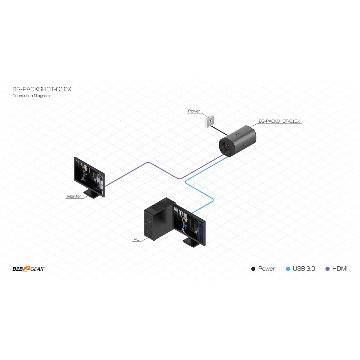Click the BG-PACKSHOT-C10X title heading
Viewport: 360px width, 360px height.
[42, 89]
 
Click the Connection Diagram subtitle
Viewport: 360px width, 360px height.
[31, 96]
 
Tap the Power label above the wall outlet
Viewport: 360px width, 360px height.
[194, 111]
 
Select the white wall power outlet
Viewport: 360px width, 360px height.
[209, 121]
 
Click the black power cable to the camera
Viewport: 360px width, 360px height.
[219, 130]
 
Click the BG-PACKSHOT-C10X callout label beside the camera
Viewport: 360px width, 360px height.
[279, 121]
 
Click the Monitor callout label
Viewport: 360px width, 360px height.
[74, 196]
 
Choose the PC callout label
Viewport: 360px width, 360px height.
[136, 239]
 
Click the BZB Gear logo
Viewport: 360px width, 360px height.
[29, 269]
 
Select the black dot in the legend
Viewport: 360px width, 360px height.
[253, 269]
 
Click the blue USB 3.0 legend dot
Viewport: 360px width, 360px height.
[288, 269]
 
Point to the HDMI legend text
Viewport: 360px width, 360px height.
[340, 269]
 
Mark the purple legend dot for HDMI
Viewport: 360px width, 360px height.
[327, 269]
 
